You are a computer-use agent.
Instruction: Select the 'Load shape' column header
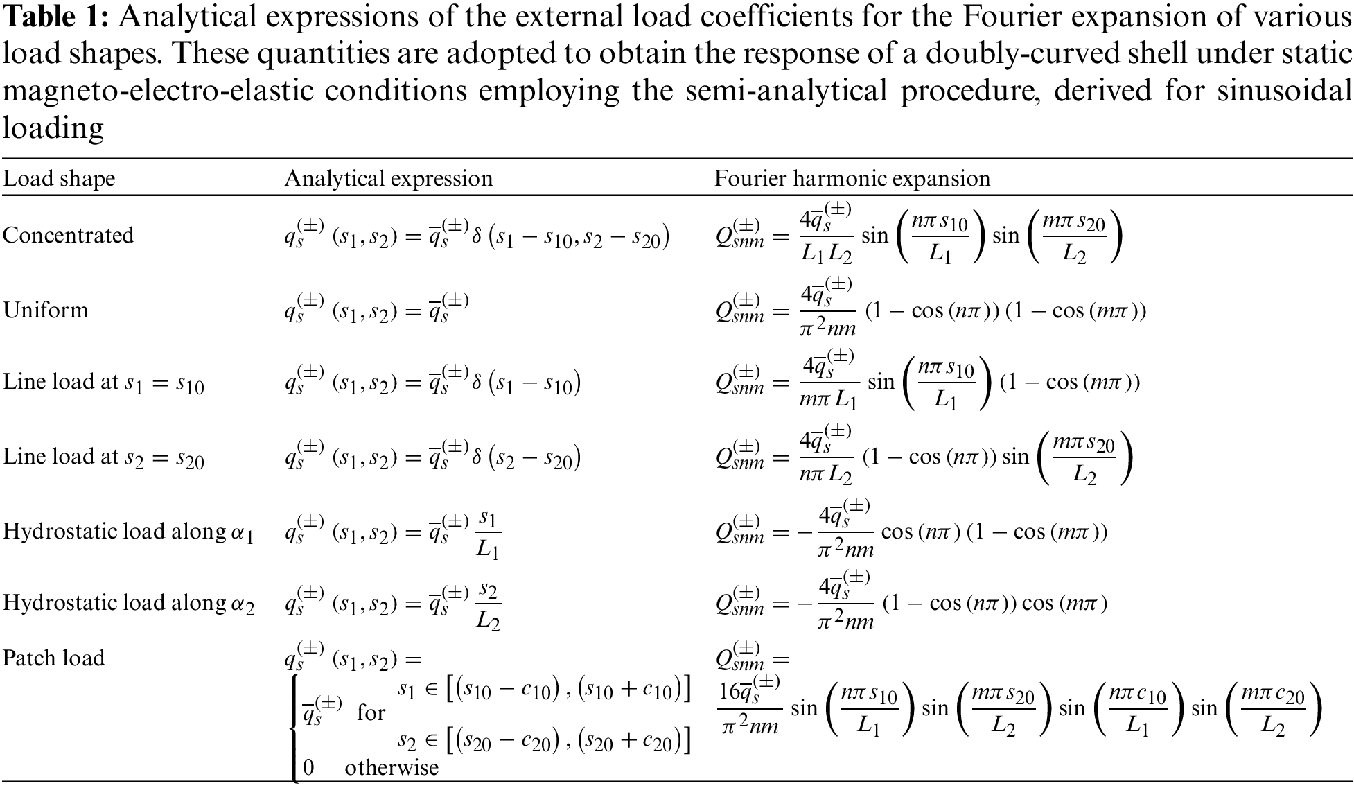[x=59, y=179]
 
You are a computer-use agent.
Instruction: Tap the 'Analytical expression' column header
[x=388, y=179]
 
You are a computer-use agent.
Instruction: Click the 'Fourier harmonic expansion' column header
[x=852, y=179]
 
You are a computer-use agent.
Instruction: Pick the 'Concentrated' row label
[x=68, y=236]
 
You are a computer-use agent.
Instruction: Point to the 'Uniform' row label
[x=46, y=309]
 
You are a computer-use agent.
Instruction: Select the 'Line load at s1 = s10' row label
[x=104, y=383]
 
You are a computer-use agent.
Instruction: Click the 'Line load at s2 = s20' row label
[x=104, y=457]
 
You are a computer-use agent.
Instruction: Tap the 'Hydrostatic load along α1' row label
[x=129, y=532]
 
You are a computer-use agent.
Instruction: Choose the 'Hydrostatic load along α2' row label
[x=129, y=604]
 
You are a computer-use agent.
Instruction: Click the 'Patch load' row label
[x=53, y=658]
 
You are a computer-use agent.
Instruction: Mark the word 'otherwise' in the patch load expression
[x=392, y=768]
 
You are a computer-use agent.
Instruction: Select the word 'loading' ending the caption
[x=53, y=128]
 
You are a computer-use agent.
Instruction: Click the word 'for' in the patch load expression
[x=371, y=712]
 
